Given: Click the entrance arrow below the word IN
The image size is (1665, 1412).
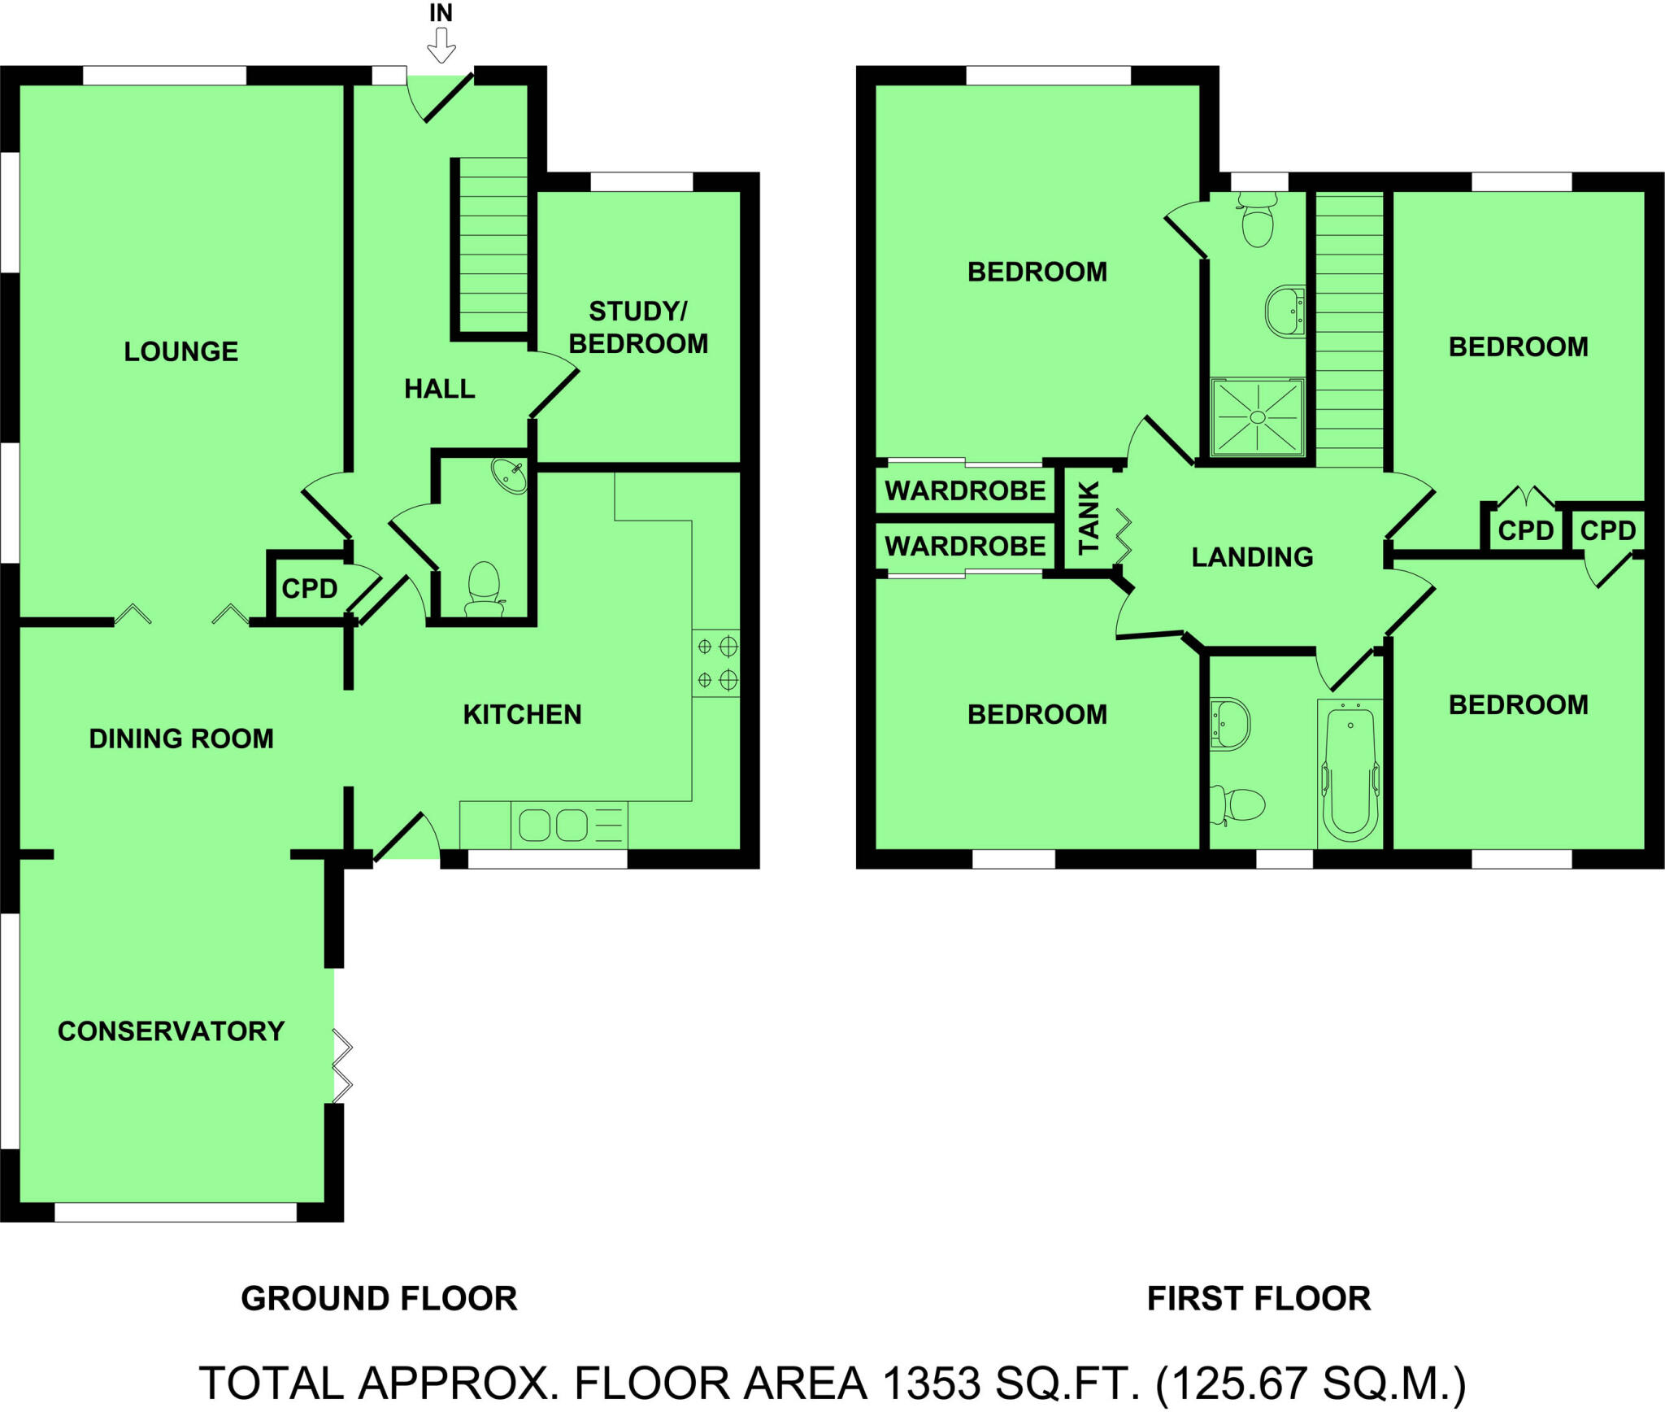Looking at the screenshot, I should click(x=441, y=46).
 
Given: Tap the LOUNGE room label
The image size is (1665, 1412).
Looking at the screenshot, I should click(x=181, y=351).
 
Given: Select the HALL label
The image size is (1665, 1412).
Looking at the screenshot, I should click(x=440, y=389).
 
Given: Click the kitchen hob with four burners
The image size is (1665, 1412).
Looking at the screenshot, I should click(x=716, y=663).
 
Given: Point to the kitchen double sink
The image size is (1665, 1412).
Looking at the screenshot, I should click(x=554, y=825).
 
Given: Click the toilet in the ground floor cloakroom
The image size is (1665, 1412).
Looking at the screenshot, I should click(x=485, y=587).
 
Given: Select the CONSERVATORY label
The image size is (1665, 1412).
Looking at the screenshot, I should click(x=172, y=1031).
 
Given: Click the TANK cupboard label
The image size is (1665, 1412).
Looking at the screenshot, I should click(x=1089, y=517).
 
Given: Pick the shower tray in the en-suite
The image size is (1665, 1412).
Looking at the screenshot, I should click(x=1257, y=417).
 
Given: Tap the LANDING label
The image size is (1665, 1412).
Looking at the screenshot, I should click(x=1252, y=557).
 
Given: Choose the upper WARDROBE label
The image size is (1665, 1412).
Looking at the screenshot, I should click(x=965, y=491).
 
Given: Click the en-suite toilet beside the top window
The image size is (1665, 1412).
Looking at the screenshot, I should click(x=1258, y=220).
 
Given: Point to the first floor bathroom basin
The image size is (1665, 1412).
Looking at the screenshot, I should click(x=1228, y=723).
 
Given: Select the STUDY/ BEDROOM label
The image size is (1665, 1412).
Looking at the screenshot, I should click(x=638, y=328).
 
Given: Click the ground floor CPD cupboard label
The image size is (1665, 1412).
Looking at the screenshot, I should click(x=310, y=588).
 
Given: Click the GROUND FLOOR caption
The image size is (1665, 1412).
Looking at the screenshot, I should click(x=379, y=1298).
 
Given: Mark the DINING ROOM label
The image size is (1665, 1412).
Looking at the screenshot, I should click(x=181, y=739).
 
